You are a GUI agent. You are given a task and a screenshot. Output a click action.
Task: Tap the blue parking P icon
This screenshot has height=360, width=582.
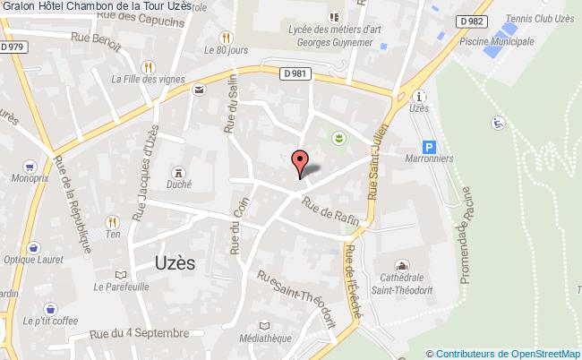click(x=430, y=148)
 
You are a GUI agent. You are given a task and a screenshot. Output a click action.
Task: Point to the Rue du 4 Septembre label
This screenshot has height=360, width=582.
click(x=140, y=333)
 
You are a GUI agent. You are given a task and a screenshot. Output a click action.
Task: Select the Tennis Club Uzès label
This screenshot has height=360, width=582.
click(x=540, y=21)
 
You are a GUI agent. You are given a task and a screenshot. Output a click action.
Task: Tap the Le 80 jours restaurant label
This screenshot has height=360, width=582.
click(x=226, y=51)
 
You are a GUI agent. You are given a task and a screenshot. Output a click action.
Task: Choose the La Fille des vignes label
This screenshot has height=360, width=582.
click(x=148, y=78)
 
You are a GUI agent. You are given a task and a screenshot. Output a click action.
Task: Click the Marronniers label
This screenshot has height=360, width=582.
click(x=431, y=161)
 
